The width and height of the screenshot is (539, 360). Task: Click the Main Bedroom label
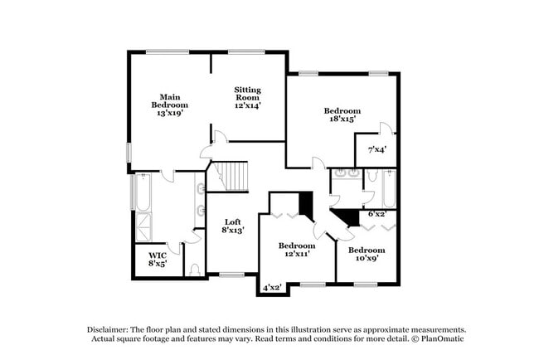pyautogui.click(x=169, y=105)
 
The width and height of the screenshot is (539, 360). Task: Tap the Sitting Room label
pyautogui.click(x=247, y=98)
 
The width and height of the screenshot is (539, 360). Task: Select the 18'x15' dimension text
pyautogui.click(x=341, y=119)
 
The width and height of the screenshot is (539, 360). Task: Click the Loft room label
pyautogui.click(x=233, y=226)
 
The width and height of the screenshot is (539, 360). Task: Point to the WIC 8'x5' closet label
pyautogui.click(x=158, y=260)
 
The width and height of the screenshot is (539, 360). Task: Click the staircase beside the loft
pyautogui.click(x=227, y=177)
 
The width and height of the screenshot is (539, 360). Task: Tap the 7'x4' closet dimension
pyautogui.click(x=376, y=150)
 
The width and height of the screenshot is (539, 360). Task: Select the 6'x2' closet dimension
pyautogui.click(x=376, y=214)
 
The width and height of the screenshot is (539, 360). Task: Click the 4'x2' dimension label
pyautogui.click(x=273, y=287)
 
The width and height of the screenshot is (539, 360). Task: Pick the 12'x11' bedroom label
pyautogui.click(x=296, y=251)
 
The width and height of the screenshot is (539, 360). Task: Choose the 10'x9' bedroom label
pyautogui.click(x=366, y=255)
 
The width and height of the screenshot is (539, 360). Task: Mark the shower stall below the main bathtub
pyautogui.click(x=143, y=227)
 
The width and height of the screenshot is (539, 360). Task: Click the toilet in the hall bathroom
pyautogui.click(x=371, y=176)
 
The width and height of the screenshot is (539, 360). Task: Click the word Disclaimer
pyautogui.click(x=112, y=328)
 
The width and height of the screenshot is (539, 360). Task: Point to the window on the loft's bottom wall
pyautogui.click(x=231, y=275)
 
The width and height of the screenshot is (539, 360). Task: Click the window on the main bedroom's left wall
pyautogui.click(x=128, y=153)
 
